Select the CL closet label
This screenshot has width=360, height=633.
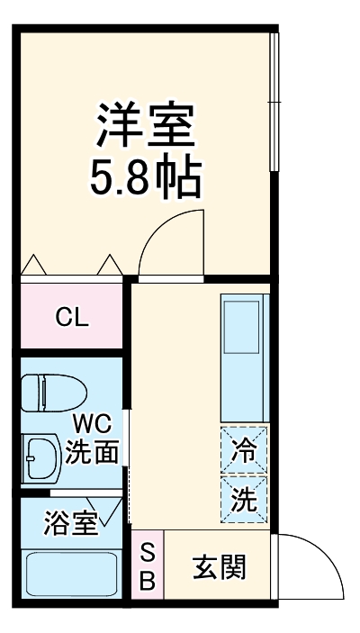click(72, 317)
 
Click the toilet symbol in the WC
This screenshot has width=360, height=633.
click(54, 392)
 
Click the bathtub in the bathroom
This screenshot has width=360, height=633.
click(72, 574)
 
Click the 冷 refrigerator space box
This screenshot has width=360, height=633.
click(244, 449)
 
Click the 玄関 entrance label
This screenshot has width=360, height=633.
click(219, 567)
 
